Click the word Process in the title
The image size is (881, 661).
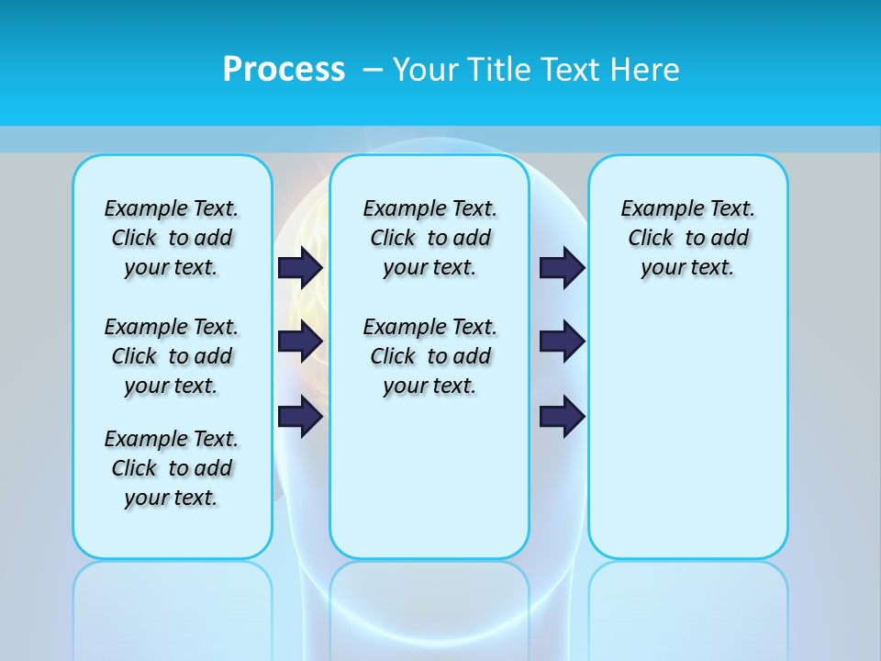pos(284,70)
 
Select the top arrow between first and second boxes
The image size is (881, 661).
pos(300,267)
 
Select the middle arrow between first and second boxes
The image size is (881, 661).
pos(300,342)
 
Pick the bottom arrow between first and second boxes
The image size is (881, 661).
pos(300,417)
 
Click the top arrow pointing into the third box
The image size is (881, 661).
pos(562,267)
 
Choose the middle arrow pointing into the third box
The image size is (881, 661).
pos(562,342)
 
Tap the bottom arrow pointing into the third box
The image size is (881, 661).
pos(562,417)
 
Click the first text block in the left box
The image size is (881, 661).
pos(172,238)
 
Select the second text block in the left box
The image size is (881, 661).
pos(172,356)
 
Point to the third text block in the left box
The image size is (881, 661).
pos(172,468)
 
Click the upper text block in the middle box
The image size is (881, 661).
pos(430,238)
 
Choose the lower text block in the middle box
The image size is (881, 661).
pos(430,356)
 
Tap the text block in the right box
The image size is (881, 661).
pos(688,238)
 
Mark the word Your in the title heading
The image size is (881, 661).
pos(423,70)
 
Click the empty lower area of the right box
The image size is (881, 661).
pos(688,441)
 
